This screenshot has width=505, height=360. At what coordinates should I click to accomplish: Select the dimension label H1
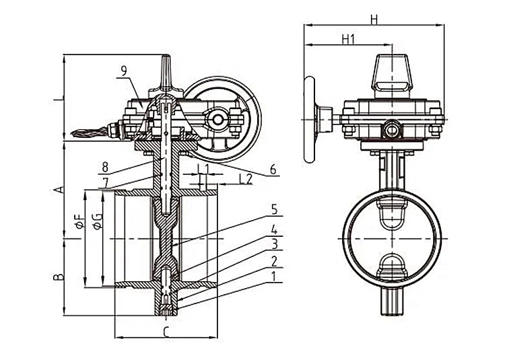[348, 39]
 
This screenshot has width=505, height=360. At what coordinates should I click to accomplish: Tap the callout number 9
[124, 70]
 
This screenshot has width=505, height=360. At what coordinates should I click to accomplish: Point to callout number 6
[273, 170]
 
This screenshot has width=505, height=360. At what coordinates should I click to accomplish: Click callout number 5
[274, 209]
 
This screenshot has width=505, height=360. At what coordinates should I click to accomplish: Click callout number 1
[275, 276]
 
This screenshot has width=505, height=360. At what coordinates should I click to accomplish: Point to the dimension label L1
[203, 167]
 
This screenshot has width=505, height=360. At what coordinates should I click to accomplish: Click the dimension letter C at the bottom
[166, 330]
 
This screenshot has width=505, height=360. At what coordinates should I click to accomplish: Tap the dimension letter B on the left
[59, 276]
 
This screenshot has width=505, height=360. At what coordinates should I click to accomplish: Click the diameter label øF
[78, 222]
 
